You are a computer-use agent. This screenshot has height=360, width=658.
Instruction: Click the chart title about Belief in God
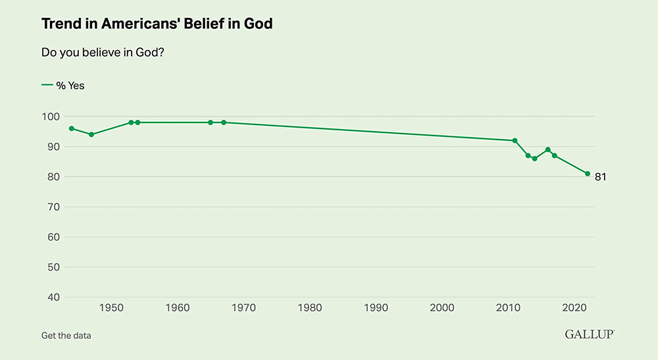157,24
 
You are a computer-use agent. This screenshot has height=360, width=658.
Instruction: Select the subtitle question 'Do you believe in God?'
102,53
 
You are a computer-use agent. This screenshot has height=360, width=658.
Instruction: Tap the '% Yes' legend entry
63,86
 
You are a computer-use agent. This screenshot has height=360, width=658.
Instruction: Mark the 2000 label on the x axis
442,307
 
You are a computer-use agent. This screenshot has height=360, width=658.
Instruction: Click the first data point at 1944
72,128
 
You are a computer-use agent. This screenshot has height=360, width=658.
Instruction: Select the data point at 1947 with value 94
91,134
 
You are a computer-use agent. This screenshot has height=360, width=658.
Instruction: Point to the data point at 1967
224,122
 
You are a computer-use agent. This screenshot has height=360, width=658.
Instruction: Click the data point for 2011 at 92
515,140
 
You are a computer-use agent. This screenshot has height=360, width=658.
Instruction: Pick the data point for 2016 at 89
547,149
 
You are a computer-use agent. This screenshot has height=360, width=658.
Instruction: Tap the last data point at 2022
588,174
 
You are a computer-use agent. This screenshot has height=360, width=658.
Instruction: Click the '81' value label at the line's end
600,177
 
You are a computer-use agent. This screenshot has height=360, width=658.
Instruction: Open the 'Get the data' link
66,335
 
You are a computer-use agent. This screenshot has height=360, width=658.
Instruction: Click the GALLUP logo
589,334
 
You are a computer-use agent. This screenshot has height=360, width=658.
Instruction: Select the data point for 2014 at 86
534,159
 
